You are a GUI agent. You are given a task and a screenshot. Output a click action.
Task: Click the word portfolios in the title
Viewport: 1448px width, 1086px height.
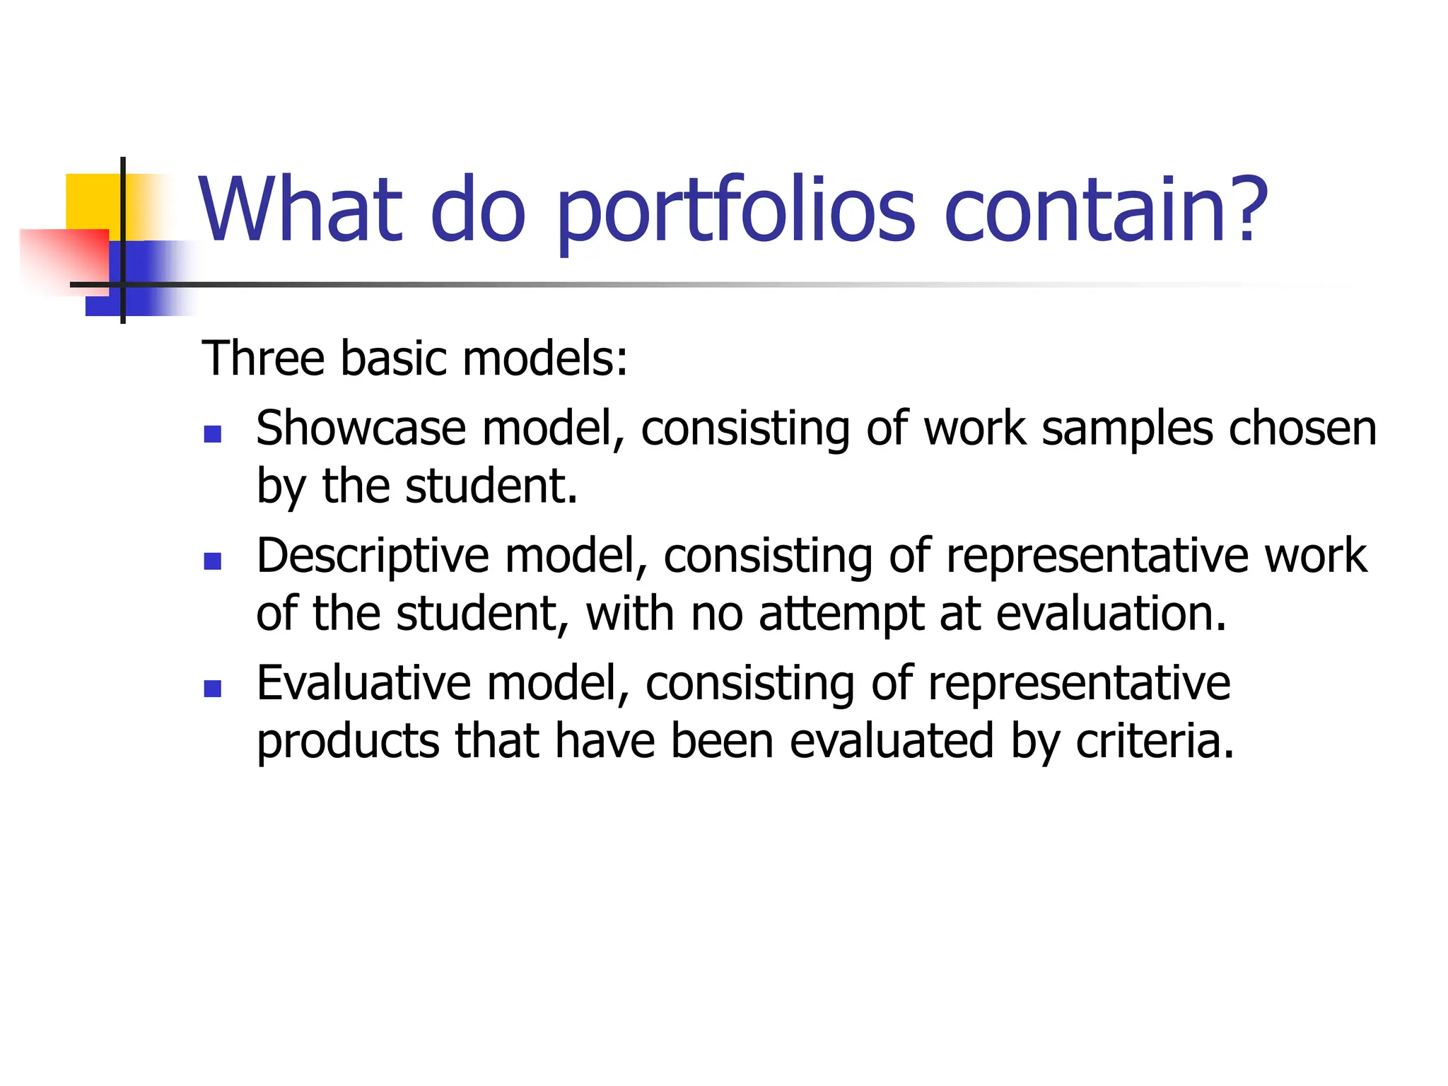(x=735, y=212)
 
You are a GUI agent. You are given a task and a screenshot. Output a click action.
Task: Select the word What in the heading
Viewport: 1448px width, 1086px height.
(x=301, y=209)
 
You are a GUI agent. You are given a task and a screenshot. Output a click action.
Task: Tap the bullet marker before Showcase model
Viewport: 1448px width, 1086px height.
(x=212, y=433)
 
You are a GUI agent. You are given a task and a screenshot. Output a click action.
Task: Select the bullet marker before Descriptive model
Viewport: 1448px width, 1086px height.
(x=212, y=561)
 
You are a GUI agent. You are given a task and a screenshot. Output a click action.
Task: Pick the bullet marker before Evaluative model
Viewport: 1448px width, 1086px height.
(x=212, y=688)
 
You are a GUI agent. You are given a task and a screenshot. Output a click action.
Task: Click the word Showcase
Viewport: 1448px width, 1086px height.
(x=361, y=428)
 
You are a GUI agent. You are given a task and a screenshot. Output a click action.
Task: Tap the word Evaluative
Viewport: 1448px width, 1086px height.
(x=363, y=683)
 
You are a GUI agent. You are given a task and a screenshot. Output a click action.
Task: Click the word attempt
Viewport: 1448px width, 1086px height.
(x=841, y=614)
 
